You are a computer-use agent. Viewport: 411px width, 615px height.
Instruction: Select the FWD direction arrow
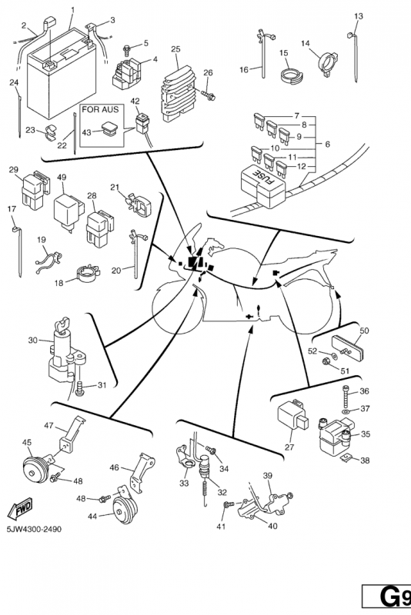(x=20, y=510)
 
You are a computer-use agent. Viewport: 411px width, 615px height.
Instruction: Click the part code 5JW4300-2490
(x=34, y=529)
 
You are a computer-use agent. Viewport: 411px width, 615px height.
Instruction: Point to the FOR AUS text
(x=100, y=109)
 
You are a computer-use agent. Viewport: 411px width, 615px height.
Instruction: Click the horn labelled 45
(x=35, y=471)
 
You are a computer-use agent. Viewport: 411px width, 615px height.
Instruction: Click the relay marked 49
(x=68, y=211)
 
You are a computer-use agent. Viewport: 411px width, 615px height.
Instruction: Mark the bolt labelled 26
(x=208, y=94)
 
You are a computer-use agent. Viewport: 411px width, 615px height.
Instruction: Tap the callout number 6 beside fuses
(x=327, y=144)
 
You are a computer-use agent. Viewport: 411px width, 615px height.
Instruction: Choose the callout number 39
(x=267, y=475)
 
